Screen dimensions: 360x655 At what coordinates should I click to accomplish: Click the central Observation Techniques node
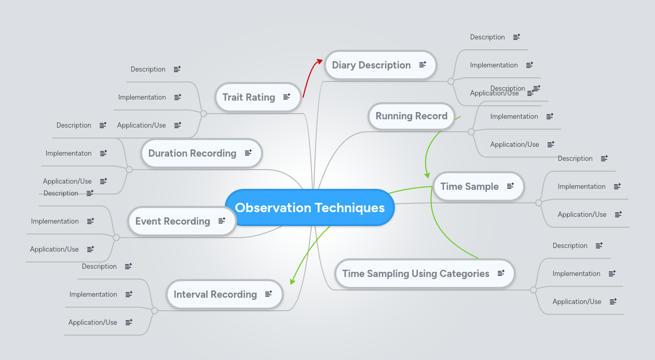(310, 207)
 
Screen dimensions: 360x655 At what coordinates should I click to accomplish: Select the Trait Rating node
(249, 97)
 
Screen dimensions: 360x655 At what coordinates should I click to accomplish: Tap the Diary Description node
(371, 65)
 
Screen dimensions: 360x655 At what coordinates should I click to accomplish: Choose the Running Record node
(411, 116)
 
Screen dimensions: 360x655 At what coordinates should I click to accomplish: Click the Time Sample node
(469, 186)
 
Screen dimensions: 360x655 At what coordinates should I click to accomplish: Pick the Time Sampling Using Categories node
(415, 273)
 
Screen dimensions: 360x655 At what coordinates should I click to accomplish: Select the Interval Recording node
(215, 294)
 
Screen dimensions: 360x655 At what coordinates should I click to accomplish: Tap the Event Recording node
(172, 221)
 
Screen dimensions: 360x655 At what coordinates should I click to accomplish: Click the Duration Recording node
(192, 153)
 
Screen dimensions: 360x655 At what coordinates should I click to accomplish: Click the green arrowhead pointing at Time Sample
(427, 175)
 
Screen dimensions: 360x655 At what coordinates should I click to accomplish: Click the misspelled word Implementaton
(69, 153)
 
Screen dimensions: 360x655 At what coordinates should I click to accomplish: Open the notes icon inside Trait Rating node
(286, 97)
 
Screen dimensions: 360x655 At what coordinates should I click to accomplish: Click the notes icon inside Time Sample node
(510, 186)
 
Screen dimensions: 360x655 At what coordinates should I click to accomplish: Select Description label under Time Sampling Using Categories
(570, 245)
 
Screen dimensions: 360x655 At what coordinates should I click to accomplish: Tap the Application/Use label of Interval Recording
(93, 322)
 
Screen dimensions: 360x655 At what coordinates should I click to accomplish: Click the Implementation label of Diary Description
(494, 65)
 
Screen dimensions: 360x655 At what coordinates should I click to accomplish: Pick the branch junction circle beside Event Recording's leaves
(116, 238)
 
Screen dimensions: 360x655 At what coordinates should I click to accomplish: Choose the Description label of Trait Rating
(148, 69)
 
